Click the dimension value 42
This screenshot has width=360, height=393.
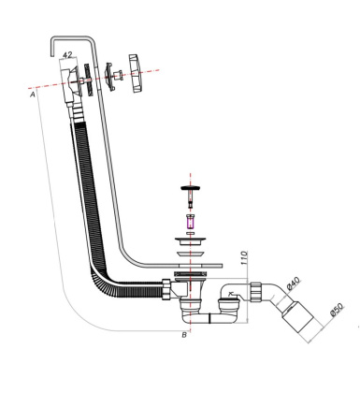(x=67, y=56)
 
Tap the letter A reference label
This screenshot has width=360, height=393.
(x=34, y=95)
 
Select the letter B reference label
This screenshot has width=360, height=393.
(x=184, y=334)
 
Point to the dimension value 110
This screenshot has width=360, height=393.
(x=243, y=257)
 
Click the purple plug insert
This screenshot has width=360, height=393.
(x=190, y=221)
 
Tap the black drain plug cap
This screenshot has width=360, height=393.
(x=190, y=190)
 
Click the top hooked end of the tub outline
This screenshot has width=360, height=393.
(x=70, y=40)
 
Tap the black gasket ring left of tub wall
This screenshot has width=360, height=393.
(x=86, y=79)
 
